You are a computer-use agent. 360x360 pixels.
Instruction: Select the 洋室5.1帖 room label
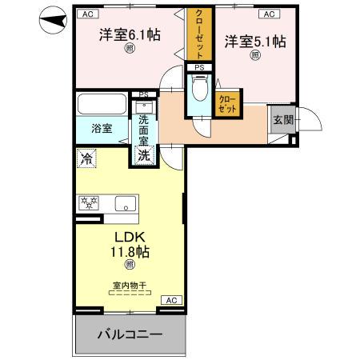pos(255,41)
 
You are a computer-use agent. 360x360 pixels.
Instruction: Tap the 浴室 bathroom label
pos(101,128)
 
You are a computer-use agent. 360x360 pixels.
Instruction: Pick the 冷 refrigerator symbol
pos(86,159)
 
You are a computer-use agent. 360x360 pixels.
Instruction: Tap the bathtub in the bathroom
pos(101,105)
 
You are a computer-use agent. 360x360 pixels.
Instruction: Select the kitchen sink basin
pos(125,203)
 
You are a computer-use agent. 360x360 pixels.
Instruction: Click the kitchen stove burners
pos(89,202)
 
